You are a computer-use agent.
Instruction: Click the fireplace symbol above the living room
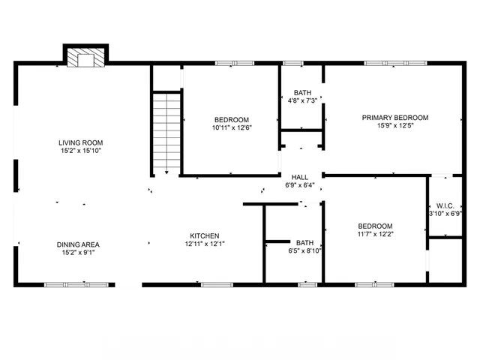pos(85,58)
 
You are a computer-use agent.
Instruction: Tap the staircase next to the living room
pos(166,132)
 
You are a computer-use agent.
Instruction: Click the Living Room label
pos(82,142)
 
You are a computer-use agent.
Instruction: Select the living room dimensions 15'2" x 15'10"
pos(82,151)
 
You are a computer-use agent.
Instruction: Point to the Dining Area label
pos(78,244)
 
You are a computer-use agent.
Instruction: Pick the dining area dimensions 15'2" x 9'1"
pos(78,253)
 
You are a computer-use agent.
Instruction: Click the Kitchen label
pos(204,235)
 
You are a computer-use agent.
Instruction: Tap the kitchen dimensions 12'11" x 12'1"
pos(205,244)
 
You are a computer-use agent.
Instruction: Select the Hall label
pos(299,177)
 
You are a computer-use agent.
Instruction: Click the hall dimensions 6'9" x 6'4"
pos(299,185)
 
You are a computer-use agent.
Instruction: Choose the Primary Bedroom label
pos(395,118)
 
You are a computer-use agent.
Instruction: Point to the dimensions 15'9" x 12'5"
pos(395,126)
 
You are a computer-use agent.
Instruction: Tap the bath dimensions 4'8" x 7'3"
pos(302,101)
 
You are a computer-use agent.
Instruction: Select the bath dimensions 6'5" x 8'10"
pos(304,251)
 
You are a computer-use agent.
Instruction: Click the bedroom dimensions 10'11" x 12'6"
pos(232,127)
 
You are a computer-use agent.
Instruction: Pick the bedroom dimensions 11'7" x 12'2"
pos(375,235)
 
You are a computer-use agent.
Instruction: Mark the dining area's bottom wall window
pos(65,284)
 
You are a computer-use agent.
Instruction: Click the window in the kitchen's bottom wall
pos(217,284)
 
